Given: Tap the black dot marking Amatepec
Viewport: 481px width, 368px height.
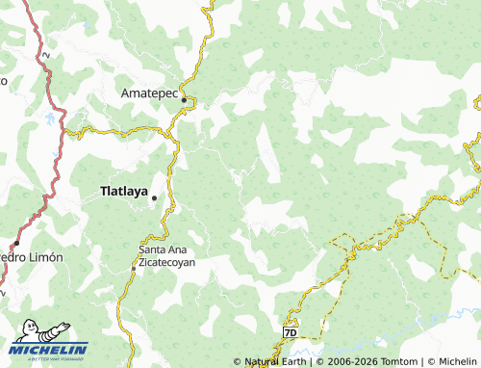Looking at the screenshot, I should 184,99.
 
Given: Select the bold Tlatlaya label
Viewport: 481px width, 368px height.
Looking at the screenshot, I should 124,191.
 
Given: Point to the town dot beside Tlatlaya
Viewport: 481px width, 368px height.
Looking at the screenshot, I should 153,197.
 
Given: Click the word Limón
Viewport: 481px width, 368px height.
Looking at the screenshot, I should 45,257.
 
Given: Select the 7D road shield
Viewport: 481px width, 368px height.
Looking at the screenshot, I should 291,331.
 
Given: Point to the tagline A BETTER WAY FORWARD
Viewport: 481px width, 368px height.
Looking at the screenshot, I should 50,358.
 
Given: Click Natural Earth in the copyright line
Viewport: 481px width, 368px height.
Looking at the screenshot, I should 275,361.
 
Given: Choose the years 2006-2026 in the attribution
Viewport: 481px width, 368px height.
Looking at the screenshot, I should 348,361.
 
